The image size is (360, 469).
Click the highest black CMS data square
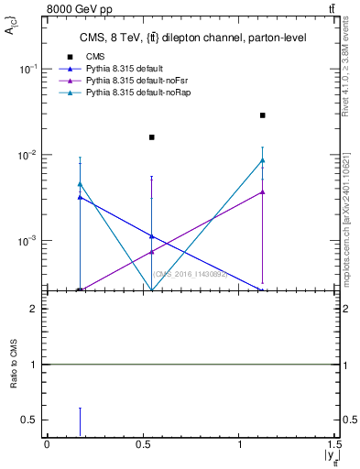tap(263, 115)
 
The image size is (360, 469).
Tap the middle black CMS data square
tap(152, 137)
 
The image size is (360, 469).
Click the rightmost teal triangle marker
tap(263, 160)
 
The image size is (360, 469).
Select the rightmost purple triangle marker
tap(263, 191)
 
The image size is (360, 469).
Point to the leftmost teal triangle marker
tap(81, 184)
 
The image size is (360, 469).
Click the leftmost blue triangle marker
tap(81, 197)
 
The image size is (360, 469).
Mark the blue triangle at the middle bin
tap(152, 235)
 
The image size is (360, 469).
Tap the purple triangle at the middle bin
tap(152, 251)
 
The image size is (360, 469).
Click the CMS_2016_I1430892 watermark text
tap(191, 273)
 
